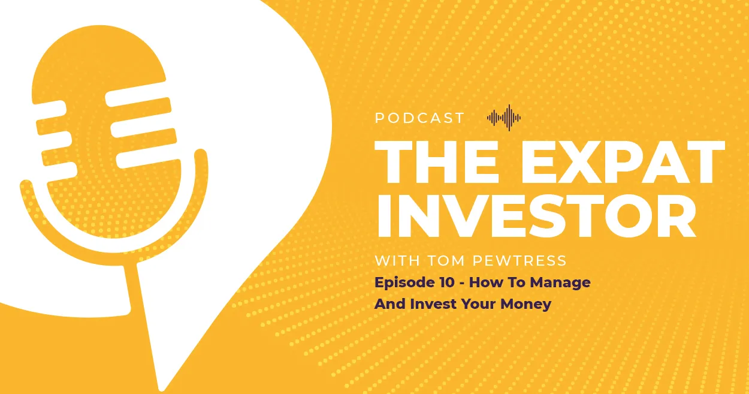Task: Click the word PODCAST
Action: pyautogui.click(x=419, y=118)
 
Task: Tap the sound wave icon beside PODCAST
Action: pyautogui.click(x=504, y=118)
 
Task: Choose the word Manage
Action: pyautogui.click(x=562, y=282)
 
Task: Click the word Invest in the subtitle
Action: pyautogui.click(x=433, y=303)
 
